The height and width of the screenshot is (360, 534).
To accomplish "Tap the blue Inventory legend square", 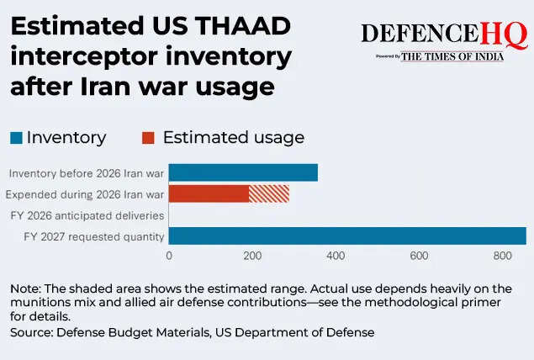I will point(16,137).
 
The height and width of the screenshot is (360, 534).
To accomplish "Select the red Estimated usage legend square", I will point(148,137).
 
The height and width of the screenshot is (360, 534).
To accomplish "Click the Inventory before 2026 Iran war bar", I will point(243,173).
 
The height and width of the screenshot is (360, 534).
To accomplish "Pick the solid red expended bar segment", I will point(209,194).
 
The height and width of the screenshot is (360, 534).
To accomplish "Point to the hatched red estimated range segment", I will point(269,194).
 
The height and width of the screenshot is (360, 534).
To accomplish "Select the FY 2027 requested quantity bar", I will point(347,236).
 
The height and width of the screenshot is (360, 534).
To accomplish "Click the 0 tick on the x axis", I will point(169,256).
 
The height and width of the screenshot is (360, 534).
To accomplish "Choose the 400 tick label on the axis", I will point(336,256).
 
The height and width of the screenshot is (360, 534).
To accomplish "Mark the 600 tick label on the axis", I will point(419,256).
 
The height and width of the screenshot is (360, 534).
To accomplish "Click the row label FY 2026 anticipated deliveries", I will point(87,216).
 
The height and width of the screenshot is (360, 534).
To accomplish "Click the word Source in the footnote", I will point(31,333).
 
